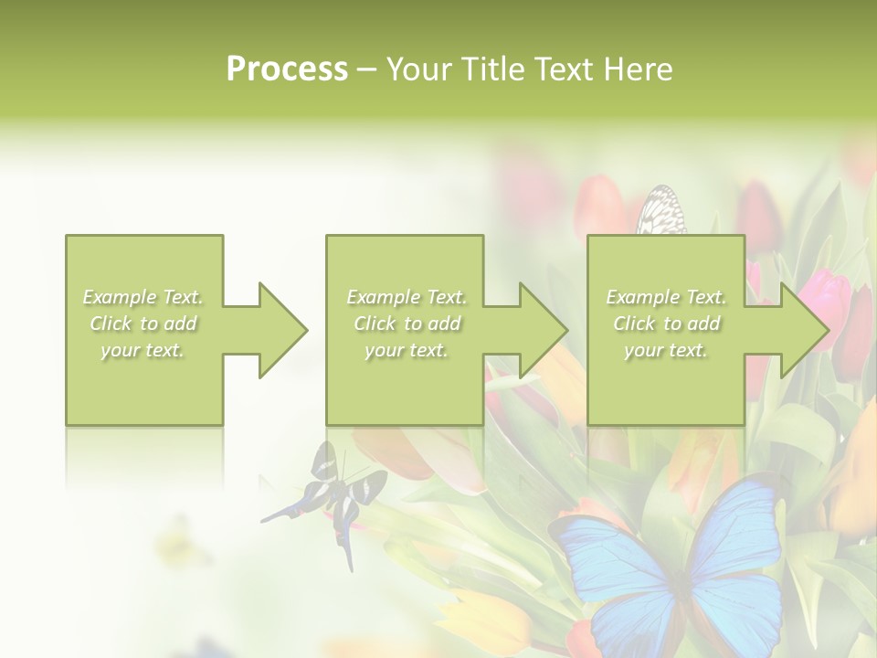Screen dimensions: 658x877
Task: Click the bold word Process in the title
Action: pos(287,69)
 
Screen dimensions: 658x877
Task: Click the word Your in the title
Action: pos(421,69)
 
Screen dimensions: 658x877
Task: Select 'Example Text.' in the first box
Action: pos(143,297)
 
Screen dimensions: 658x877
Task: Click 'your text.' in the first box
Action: pos(143,350)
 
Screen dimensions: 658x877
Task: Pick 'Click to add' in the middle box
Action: pos(407,324)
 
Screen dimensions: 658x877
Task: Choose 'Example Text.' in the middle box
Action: pos(407,297)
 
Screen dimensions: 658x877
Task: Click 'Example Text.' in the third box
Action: pos(666,297)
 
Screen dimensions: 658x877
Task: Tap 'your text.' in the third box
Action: pos(666,350)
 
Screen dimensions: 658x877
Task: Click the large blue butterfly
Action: pos(671,567)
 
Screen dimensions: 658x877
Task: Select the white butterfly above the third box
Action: pos(661,211)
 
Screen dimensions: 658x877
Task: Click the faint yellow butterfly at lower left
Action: pos(183,544)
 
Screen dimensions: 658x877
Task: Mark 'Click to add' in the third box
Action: pos(666,324)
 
